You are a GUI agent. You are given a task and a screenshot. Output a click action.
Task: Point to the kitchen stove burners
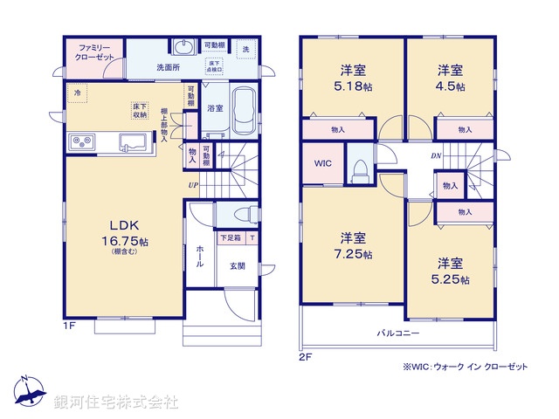81,140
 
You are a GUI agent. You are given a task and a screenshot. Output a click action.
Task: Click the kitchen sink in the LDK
132,141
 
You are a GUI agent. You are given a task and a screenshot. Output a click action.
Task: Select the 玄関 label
238,265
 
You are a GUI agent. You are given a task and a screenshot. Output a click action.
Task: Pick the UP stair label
191,184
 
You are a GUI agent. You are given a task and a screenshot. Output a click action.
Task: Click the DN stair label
436,155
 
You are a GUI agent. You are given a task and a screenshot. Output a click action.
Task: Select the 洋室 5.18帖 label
352,79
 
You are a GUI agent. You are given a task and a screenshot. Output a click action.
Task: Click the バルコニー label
398,333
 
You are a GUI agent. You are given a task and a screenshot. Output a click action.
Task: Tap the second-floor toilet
358,169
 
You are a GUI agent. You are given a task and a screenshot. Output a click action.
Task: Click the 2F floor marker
306,357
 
